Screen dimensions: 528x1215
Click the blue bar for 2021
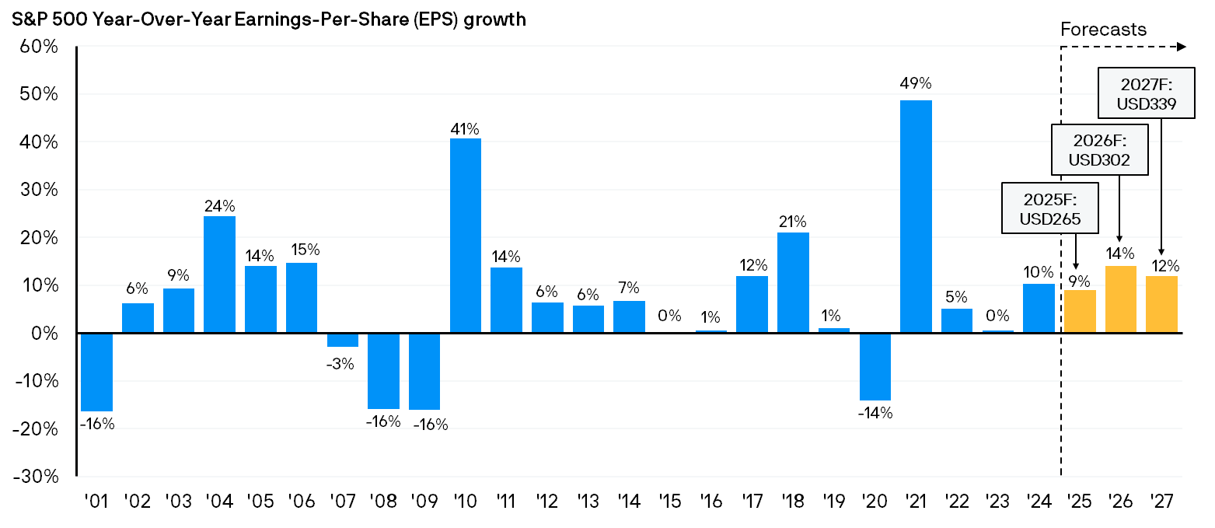tap(916, 216)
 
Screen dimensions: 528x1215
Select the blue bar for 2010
tap(466, 236)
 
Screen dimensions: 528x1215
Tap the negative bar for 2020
tap(875, 366)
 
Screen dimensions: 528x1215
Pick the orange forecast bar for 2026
tap(1120, 299)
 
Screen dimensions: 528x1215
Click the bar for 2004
tap(220, 274)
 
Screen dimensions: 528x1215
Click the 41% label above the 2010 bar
tap(466, 128)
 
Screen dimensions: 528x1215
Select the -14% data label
tap(875, 413)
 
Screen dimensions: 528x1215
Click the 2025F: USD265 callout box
tap(1049, 208)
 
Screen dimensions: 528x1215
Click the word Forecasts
tap(1103, 30)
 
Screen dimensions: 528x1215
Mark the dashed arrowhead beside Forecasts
tap(1182, 47)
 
